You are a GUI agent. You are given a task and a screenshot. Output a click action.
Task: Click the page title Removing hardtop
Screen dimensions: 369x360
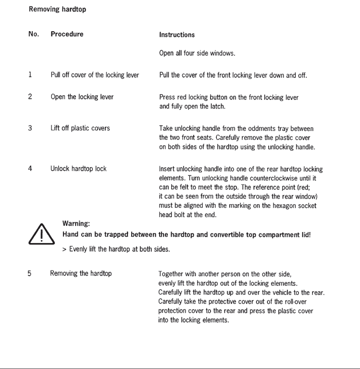(57, 9)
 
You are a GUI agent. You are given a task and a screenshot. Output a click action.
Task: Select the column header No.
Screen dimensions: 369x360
(33, 34)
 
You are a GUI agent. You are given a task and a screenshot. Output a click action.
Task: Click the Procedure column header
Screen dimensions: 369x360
(67, 34)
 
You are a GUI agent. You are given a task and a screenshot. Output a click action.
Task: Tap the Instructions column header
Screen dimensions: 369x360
(177, 35)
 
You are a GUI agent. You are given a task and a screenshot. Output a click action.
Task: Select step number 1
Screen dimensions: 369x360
(30, 75)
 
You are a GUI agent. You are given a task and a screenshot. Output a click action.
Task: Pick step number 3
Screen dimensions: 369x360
(30, 128)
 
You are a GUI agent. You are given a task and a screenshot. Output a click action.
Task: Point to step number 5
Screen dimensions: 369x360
(29, 273)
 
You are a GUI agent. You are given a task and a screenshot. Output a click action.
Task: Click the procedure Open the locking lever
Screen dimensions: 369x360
(82, 97)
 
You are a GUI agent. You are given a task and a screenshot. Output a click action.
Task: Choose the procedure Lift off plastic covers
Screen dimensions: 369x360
(80, 128)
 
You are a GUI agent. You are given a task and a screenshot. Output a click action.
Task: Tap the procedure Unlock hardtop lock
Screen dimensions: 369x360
(78, 169)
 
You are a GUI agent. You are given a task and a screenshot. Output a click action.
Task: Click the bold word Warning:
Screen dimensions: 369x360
(76, 223)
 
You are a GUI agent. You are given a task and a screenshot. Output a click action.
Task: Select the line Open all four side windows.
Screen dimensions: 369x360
(197, 53)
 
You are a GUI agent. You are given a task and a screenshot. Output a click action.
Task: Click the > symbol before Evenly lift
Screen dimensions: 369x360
(64, 249)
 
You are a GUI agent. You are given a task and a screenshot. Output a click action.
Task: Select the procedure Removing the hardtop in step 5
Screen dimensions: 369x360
(81, 273)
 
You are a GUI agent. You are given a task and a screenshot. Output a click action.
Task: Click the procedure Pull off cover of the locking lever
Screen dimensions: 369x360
(95, 75)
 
